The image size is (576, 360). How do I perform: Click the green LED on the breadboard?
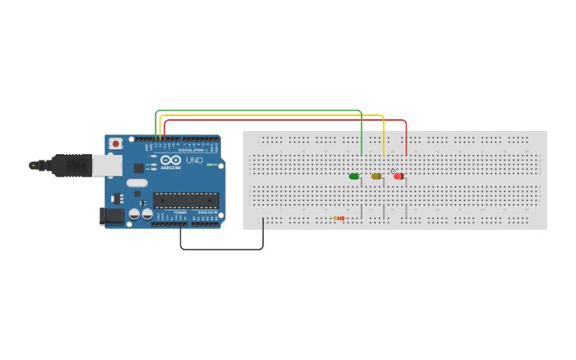(x=354, y=176)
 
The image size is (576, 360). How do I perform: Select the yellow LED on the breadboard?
(x=376, y=176)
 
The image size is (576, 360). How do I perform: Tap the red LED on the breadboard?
(x=398, y=176)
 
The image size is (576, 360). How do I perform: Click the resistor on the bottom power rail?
(x=339, y=218)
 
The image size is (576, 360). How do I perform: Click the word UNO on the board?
(x=194, y=160)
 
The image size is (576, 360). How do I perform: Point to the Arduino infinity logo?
(x=171, y=161)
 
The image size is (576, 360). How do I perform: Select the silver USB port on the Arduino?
(x=107, y=165)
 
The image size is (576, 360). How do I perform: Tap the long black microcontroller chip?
(x=186, y=200)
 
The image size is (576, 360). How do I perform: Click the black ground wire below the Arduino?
(x=222, y=250)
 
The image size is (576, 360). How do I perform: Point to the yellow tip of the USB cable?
(x=33, y=165)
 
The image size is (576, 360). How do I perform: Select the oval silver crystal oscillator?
(x=137, y=183)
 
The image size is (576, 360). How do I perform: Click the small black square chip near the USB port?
(x=138, y=168)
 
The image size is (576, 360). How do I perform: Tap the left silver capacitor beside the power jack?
(x=134, y=214)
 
